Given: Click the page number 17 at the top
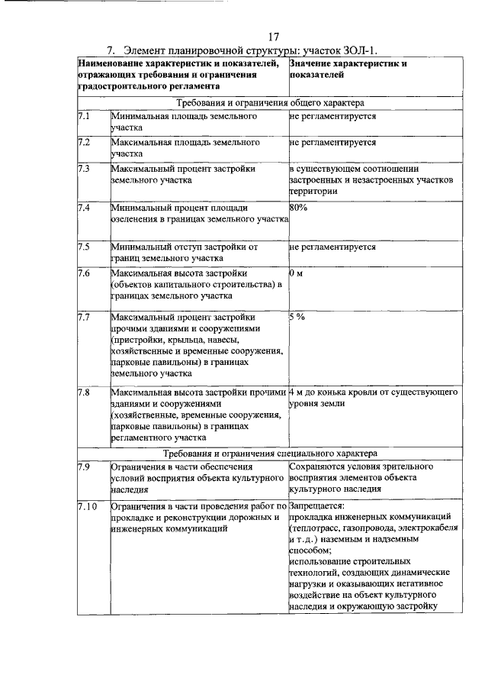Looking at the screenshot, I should pos(274,37).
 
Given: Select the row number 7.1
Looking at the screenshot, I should pos(84,117).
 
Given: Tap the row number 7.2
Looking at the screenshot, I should pos(84,142).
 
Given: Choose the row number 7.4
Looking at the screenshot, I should pos(84,207).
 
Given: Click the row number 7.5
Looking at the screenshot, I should pos(84,247).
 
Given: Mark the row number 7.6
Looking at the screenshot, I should pos(84,273).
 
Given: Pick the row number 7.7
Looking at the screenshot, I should pos(84,316).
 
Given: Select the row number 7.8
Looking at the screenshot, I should pos(84,392).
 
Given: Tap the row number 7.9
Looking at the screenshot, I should pos(84,466).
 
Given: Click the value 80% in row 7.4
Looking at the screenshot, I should pos(298,207).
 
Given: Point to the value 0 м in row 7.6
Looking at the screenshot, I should pos(297,273).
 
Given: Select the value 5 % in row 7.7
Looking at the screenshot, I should pos(297,316).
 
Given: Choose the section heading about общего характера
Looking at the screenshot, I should pos(270,102).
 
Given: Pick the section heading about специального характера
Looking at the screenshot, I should pos(270,453).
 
